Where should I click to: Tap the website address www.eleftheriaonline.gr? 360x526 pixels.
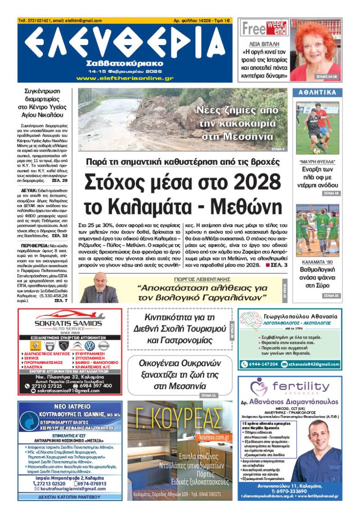[x=125, y=78]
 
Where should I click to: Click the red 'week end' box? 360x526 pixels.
[x=276, y=28]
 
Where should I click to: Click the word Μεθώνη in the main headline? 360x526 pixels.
[x=242, y=206]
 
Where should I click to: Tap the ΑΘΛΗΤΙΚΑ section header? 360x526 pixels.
[x=318, y=93]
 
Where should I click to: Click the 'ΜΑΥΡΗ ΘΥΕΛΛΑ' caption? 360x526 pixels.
[x=317, y=161]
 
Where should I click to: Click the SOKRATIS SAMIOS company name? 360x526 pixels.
[x=68, y=324]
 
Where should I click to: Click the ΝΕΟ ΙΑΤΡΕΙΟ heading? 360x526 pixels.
[x=70, y=406]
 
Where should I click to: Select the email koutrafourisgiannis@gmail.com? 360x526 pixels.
[x=70, y=489]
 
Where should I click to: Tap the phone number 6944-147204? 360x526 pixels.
[x=262, y=364]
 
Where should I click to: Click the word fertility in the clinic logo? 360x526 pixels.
[x=301, y=386]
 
